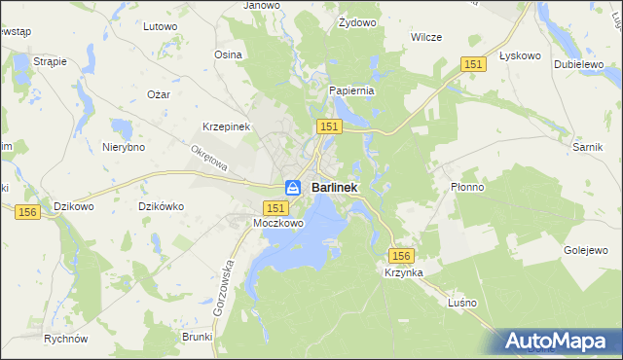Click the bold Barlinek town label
(334, 187)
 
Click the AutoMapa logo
(558, 342)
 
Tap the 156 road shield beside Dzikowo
(27, 212)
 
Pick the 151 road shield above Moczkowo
(275, 208)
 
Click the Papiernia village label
(351, 90)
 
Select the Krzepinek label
(227, 127)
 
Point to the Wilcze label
(426, 37)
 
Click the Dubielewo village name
(573, 63)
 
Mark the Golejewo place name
(586, 250)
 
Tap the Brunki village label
(197, 336)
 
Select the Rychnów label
(66, 339)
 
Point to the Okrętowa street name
(209, 158)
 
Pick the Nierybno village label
(124, 147)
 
